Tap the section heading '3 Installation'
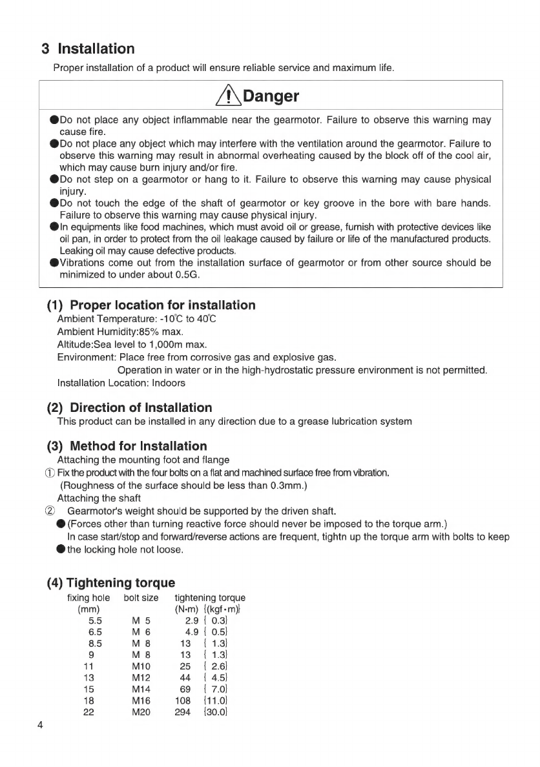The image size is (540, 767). tap(87, 49)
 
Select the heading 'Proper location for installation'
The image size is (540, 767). tap(162, 305)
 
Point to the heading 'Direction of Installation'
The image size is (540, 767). tap(140, 407)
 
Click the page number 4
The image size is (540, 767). tap(40, 724)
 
